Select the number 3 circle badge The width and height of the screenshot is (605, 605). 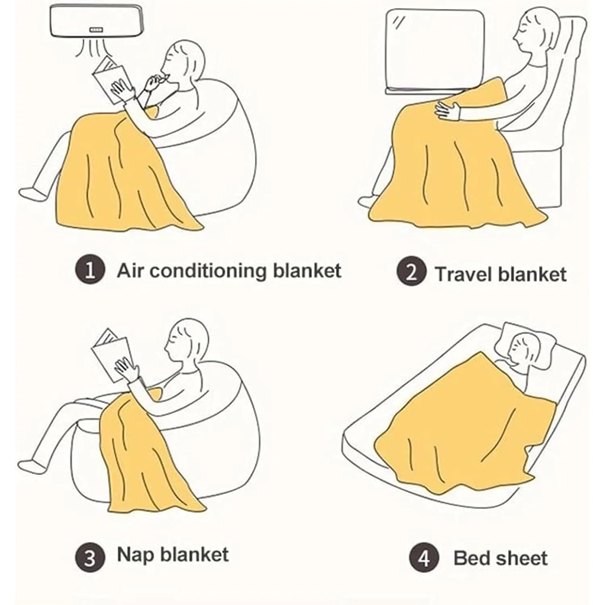coord(90,557)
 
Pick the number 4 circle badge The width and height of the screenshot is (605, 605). coord(424,559)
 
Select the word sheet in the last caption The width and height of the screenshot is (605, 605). coord(522,559)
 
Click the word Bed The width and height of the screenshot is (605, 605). coord(471,559)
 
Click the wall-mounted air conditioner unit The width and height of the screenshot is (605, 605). coord(96,21)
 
